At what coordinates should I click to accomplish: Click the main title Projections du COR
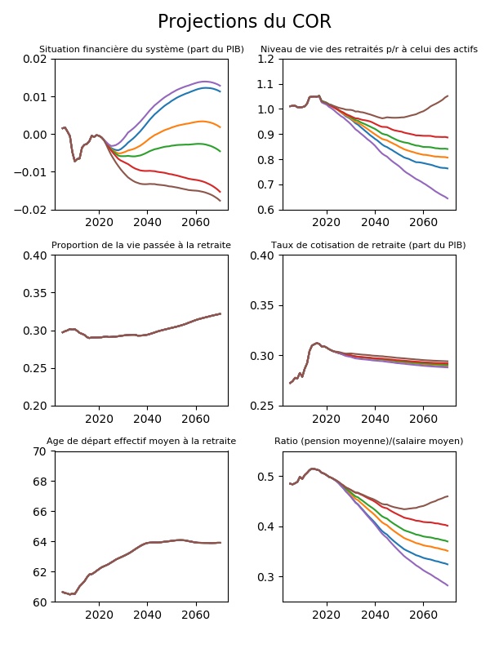[244, 22]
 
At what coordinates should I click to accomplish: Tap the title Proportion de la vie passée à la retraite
[141, 245]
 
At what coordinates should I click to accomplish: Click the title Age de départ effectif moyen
[141, 441]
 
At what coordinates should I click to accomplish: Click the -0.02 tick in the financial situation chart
[33, 210]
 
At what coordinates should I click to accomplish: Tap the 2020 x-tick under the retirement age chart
[98, 615]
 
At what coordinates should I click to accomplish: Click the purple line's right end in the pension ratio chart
[448, 585]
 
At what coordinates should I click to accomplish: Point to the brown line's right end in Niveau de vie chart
[448, 96]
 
